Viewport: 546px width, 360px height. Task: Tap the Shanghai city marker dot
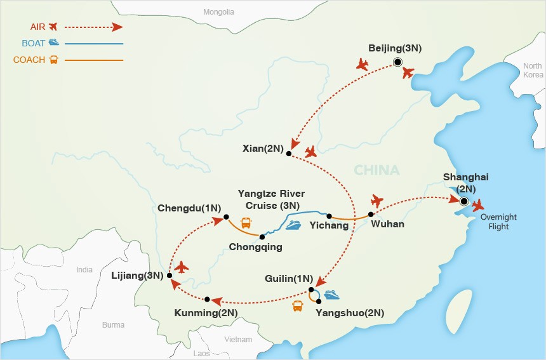(463, 202)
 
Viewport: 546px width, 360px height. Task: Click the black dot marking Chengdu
(226, 218)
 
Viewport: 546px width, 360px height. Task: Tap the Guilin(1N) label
(290, 278)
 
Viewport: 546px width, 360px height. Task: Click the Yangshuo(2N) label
(350, 313)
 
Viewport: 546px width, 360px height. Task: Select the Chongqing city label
(256, 248)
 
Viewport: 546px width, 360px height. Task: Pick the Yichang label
(329, 225)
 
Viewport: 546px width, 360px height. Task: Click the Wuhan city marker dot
(370, 214)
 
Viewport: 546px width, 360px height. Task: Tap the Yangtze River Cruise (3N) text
(271, 199)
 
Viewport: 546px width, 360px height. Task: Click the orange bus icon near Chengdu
(246, 223)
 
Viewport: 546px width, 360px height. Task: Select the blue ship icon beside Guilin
(332, 295)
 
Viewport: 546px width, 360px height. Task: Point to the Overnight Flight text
(498, 222)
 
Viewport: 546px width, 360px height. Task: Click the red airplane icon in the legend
(52, 26)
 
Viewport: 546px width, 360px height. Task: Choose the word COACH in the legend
(29, 60)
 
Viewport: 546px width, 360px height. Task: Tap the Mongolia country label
(218, 12)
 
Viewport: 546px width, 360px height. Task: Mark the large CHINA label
(376, 170)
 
